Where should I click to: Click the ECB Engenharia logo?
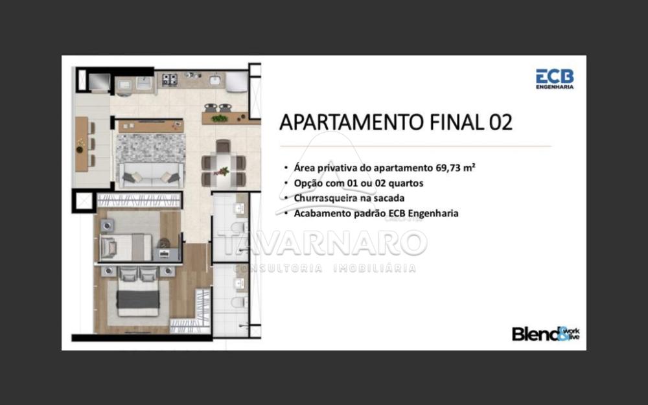click(x=555, y=78)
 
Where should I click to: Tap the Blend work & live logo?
click(x=546, y=334)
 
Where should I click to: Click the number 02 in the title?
click(x=501, y=122)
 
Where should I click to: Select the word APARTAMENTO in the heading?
click(x=352, y=122)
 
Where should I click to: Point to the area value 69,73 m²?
click(x=456, y=168)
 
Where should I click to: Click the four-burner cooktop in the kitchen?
click(x=169, y=79)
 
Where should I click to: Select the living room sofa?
click(x=151, y=175)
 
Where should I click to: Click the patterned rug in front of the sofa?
click(x=150, y=148)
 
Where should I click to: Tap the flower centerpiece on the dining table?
click(x=223, y=171)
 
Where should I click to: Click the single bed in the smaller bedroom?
click(x=126, y=247)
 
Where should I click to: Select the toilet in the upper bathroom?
click(x=240, y=227)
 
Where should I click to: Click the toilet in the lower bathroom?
click(x=240, y=302)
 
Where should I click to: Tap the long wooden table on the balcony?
click(x=82, y=144)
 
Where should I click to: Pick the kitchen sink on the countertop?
click(x=214, y=79)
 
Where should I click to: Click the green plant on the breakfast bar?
click(x=219, y=119)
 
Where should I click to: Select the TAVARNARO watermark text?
click(x=322, y=242)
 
